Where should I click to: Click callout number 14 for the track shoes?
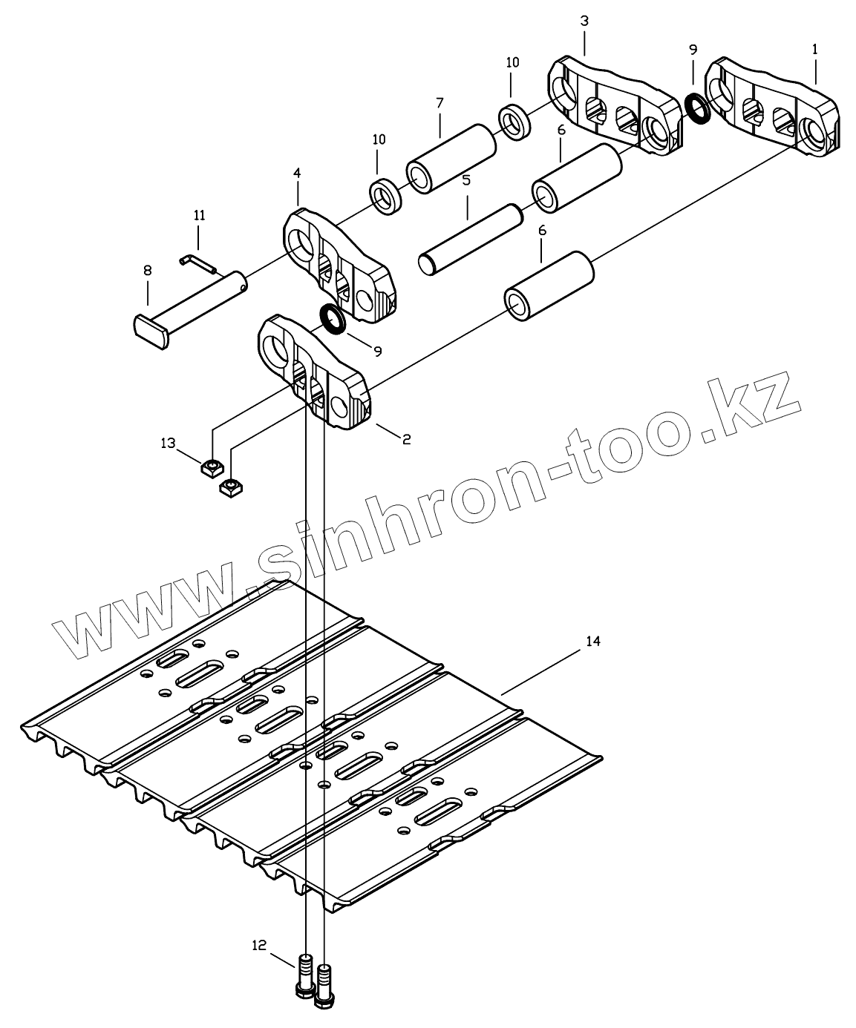[592, 642]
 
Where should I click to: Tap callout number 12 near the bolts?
[258, 945]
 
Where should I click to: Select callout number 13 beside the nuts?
[169, 444]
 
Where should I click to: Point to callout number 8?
[147, 270]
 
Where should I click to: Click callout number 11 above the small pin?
[199, 216]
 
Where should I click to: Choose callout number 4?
[297, 173]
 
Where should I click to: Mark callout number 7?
[440, 102]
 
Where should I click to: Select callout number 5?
[465, 179]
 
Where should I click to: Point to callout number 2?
[406, 439]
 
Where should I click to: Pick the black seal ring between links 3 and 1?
[696, 108]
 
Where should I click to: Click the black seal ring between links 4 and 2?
[332, 317]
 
